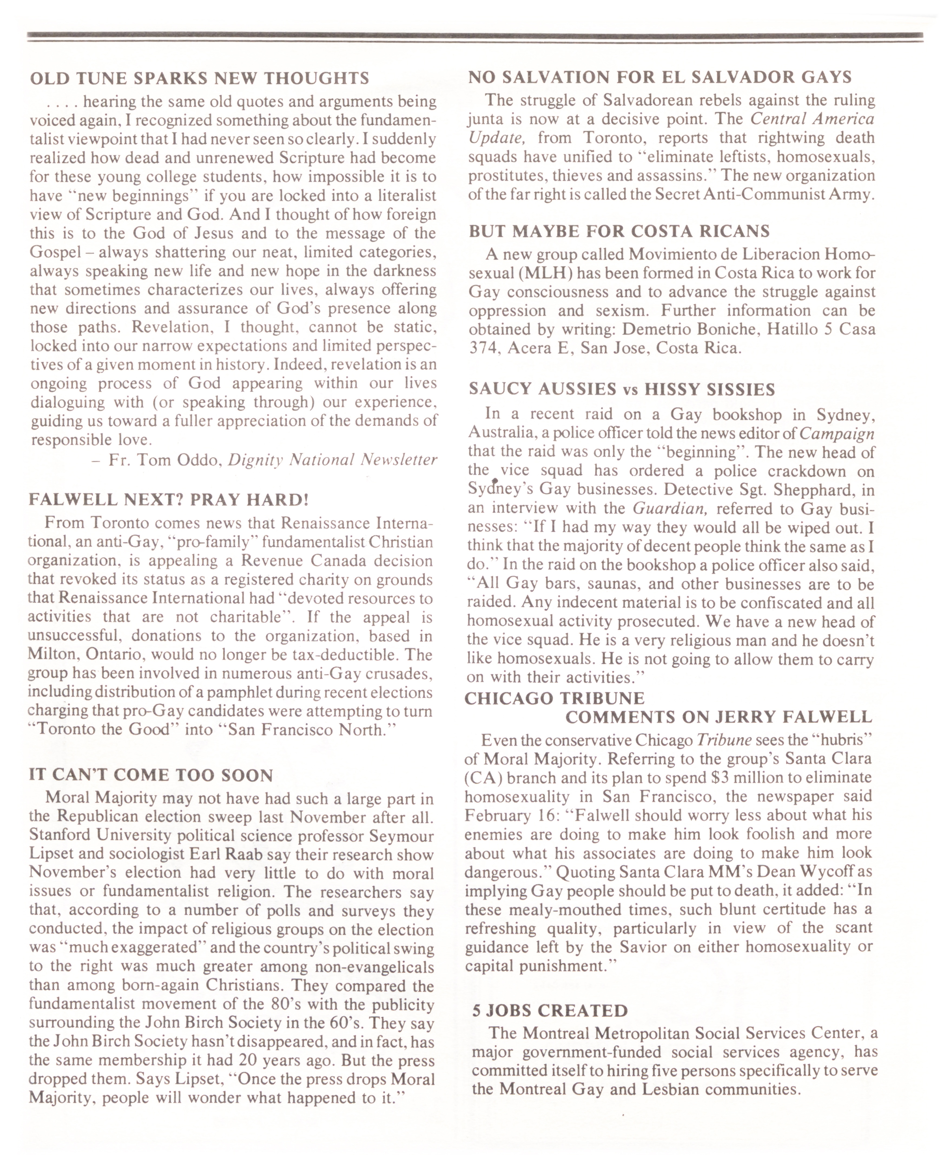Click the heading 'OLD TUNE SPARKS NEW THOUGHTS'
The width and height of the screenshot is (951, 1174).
coord(199,78)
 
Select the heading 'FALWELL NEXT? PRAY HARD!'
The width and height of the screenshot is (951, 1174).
coord(169,500)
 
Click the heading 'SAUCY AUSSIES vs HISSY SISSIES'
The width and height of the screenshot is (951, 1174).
coord(622,389)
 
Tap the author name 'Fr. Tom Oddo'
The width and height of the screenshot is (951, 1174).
coord(164,459)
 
